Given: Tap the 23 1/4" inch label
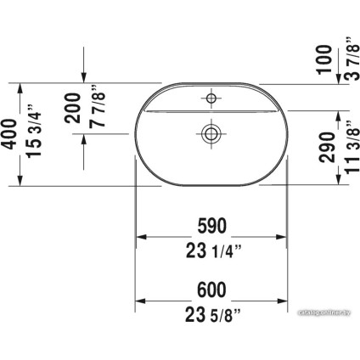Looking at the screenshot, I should [x=213, y=250].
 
